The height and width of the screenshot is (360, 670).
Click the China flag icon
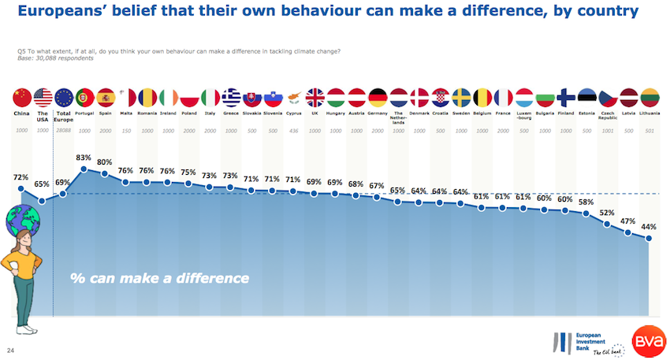pos(21,98)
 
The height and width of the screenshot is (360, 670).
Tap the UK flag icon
pos(315,98)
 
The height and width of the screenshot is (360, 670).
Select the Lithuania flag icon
pos(650,98)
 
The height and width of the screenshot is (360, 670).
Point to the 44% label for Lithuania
pos(649,227)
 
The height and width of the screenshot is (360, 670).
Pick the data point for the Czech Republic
pos(608,224)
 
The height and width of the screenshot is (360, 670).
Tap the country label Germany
pos(378,113)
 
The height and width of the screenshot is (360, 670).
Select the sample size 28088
pos(64,131)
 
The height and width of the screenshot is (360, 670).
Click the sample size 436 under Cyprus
pos(294,131)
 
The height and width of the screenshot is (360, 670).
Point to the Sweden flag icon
pos(461,98)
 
